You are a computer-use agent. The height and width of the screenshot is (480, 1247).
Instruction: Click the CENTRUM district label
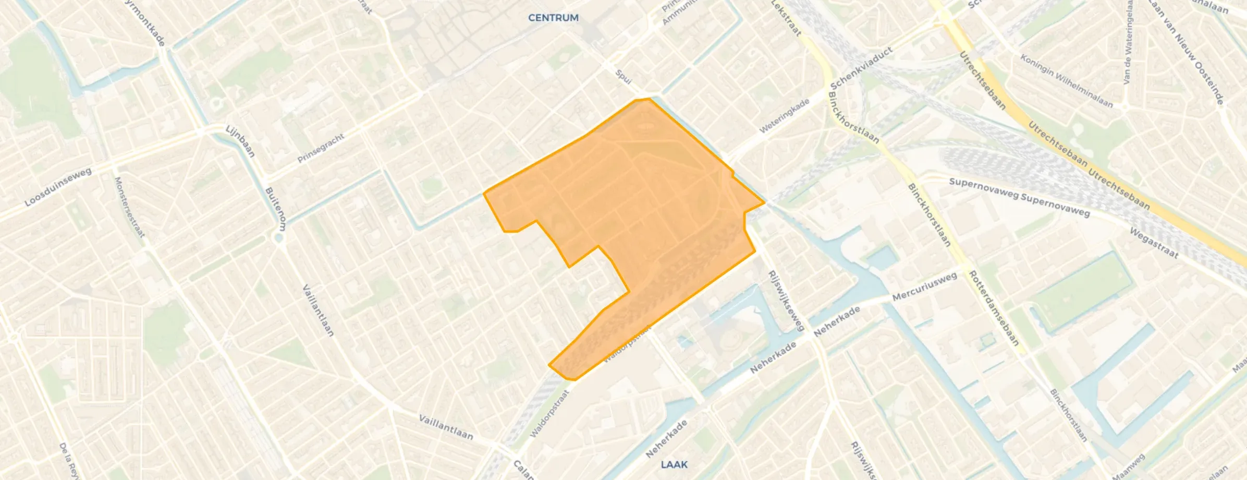pyautogui.click(x=553, y=18)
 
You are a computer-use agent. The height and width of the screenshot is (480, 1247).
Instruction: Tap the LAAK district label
pyautogui.click(x=674, y=464)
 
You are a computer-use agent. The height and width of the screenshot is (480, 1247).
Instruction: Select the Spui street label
pyautogui.click(x=623, y=76)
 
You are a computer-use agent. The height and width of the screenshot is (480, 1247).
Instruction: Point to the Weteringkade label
pyautogui.click(x=784, y=116)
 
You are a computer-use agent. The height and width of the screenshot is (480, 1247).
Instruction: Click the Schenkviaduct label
pyautogui.click(x=861, y=68)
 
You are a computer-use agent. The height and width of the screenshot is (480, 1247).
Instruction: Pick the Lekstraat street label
pyautogui.click(x=786, y=18)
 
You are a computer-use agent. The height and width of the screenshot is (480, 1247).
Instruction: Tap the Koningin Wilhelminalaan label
pyautogui.click(x=1066, y=81)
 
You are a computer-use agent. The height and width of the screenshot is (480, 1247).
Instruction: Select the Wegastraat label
pyautogui.click(x=1154, y=243)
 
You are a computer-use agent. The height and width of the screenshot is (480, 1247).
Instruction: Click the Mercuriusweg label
pyautogui.click(x=924, y=286)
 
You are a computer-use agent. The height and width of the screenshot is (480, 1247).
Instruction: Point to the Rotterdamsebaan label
pyautogui.click(x=994, y=308)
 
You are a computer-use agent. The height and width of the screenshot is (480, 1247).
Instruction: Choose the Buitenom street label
pyautogui.click(x=276, y=209)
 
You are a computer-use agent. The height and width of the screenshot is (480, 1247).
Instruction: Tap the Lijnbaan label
pyautogui.click(x=240, y=141)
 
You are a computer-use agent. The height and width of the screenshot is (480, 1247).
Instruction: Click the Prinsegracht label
pyautogui.click(x=321, y=148)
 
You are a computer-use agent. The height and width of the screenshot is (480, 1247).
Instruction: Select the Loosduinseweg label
pyautogui.click(x=58, y=186)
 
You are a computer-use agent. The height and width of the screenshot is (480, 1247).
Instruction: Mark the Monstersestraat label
pyautogui.click(x=129, y=207)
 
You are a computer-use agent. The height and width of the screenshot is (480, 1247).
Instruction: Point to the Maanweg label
pyautogui.click(x=1128, y=467)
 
